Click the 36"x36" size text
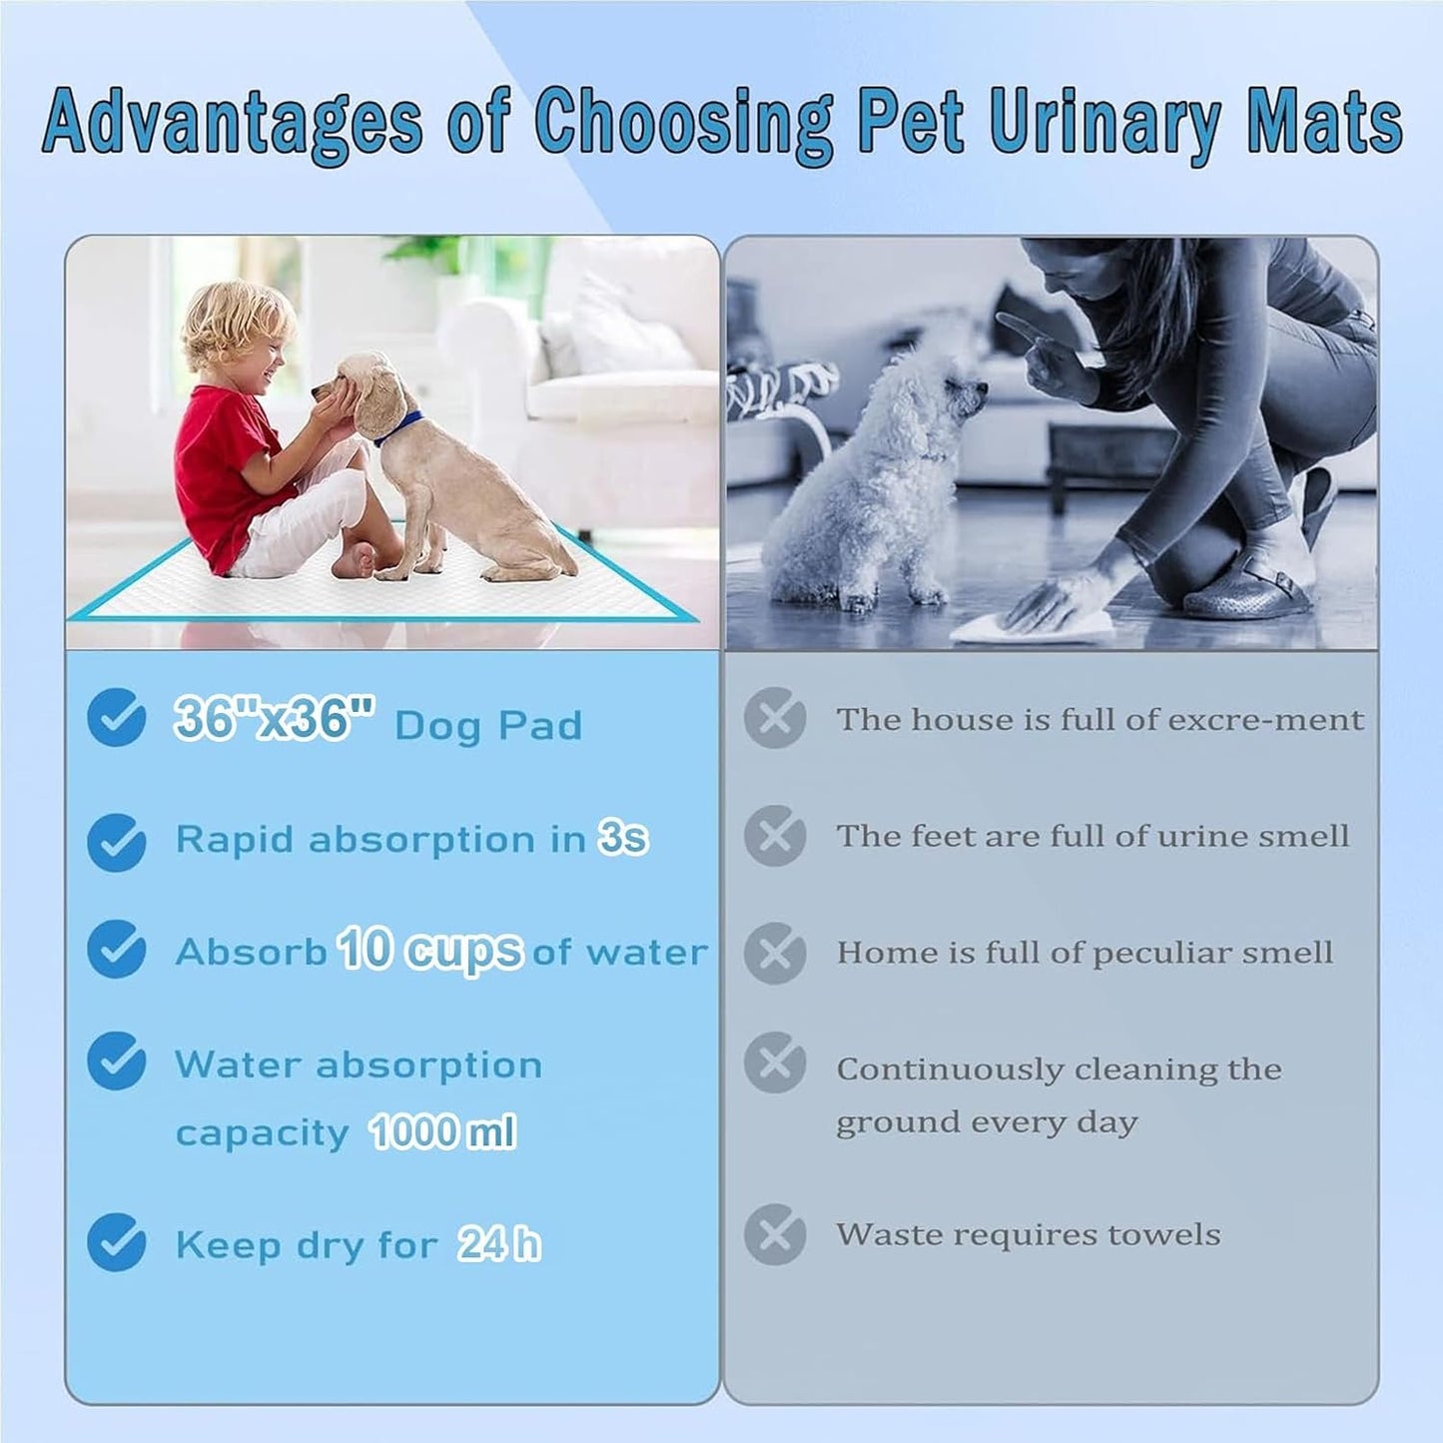click(274, 718)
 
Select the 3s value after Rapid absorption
click(623, 837)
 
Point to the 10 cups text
click(429, 949)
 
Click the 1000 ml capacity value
click(441, 1131)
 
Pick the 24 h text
click(498, 1244)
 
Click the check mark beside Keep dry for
click(117, 1242)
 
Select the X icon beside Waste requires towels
click(775, 1234)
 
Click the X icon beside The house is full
click(775, 717)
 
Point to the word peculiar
click(1160, 954)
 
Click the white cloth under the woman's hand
click(1034, 626)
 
